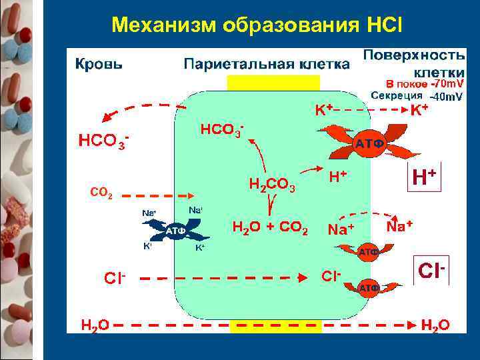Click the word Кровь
pyautogui.click(x=98, y=65)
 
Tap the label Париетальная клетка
pyautogui.click(x=266, y=65)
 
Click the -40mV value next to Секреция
pyautogui.click(x=446, y=97)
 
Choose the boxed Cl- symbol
pyautogui.click(x=431, y=271)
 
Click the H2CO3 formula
pyautogui.click(x=271, y=185)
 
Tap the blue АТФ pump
pyautogui.click(x=175, y=231)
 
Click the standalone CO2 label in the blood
pyautogui.click(x=101, y=195)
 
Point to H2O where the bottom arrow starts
pyautogui.click(x=95, y=325)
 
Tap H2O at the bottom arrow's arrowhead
pyautogui.click(x=435, y=325)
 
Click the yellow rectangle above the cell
pyautogui.click(x=273, y=82)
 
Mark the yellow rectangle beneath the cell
pyautogui.click(x=275, y=326)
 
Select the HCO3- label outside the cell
pyautogui.click(x=103, y=142)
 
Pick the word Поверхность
pyautogui.click(x=413, y=53)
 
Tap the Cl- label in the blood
pyautogui.click(x=114, y=277)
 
